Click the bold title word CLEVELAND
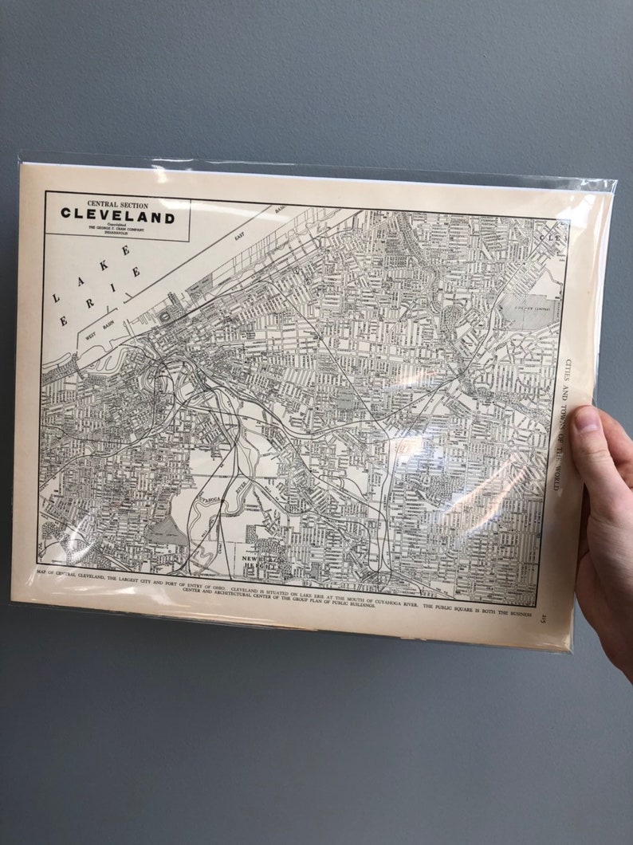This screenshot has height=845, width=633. tap(118, 216)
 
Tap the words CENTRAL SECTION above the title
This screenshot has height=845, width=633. tap(118, 204)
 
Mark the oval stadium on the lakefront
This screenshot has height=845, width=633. tap(166, 316)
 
